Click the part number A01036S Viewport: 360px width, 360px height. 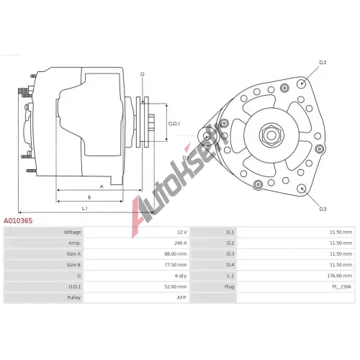click(18, 221)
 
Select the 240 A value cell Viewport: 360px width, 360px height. click(181, 243)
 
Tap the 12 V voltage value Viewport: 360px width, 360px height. click(182, 232)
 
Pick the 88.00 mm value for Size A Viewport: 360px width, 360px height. click(176, 254)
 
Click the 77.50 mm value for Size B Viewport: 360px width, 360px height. click(176, 265)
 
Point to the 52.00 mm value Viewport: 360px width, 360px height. click(176, 287)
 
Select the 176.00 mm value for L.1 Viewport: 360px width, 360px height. click(340, 276)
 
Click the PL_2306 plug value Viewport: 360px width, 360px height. click(341, 287)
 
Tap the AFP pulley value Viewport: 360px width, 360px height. click(181, 297)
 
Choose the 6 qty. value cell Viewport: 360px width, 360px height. click(181, 276)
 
